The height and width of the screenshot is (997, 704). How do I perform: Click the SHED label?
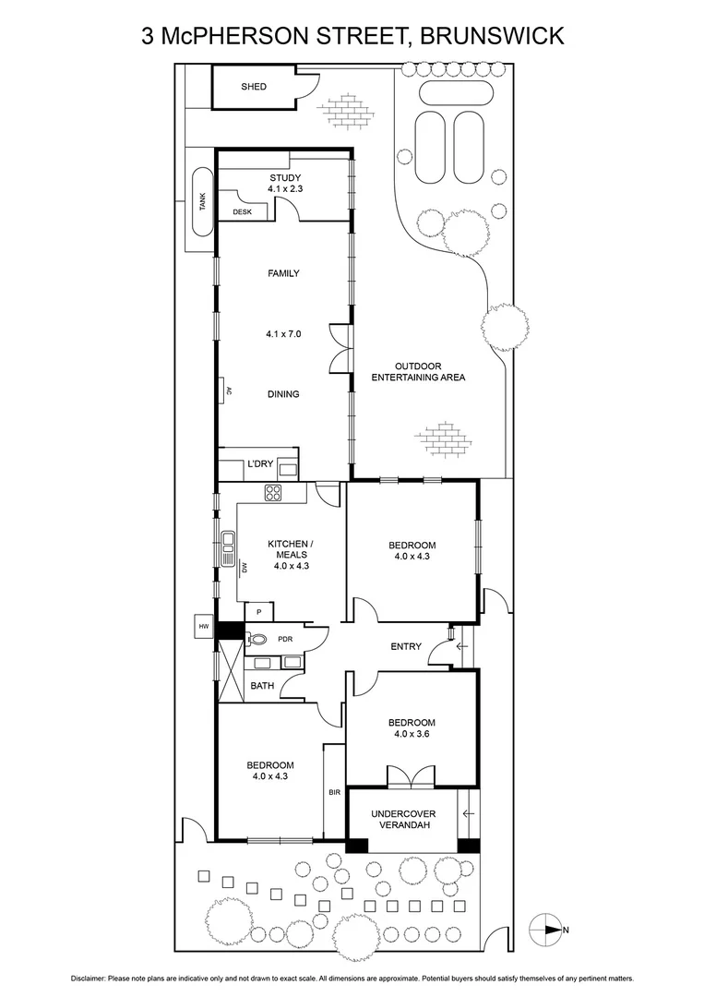[x=254, y=87]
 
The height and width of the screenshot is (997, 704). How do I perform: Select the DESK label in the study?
[x=242, y=211]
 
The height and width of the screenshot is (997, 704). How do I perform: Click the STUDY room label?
[x=284, y=178]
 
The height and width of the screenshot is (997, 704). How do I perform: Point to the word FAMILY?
[x=283, y=273]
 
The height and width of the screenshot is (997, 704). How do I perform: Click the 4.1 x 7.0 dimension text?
[x=283, y=334]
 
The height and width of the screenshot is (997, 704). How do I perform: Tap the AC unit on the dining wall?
[x=226, y=390]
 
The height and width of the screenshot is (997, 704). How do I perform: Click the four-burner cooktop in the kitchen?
[x=274, y=493]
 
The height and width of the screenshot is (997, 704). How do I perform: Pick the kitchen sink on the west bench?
[x=227, y=541]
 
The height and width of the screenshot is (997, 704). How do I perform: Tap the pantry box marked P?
[x=259, y=611]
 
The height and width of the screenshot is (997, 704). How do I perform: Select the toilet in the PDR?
[x=257, y=638]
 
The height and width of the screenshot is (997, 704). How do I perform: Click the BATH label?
[x=262, y=686]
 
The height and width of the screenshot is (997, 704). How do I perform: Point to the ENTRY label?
[x=405, y=647]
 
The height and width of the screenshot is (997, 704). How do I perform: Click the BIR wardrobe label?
[x=334, y=792]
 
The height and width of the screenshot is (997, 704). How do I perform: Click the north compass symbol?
[x=546, y=931]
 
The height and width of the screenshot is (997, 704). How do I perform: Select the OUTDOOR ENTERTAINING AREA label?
[x=418, y=371]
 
